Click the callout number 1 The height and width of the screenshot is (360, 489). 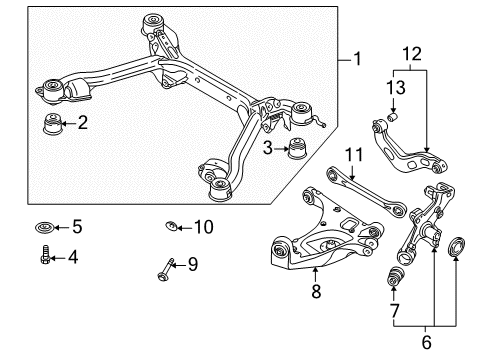357,59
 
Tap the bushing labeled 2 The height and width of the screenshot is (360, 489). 53,124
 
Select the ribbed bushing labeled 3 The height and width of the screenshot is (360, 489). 297,148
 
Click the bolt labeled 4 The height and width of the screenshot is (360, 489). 45,255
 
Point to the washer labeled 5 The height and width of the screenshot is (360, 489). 44,228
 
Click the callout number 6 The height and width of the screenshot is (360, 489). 426,343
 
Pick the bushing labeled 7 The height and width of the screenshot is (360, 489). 395,276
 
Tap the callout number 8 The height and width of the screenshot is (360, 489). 316,291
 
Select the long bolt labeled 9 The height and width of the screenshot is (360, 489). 166,270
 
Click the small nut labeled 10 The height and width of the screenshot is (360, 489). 171,226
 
